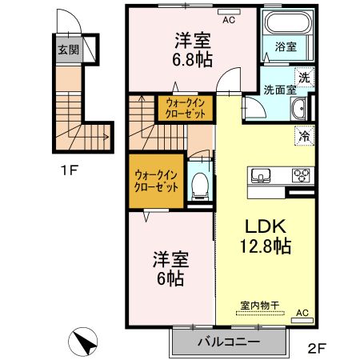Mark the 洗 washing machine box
pos(303,78)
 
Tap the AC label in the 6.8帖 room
pos(229,19)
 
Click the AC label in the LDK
pos(302,313)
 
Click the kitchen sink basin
pos(263,176)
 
